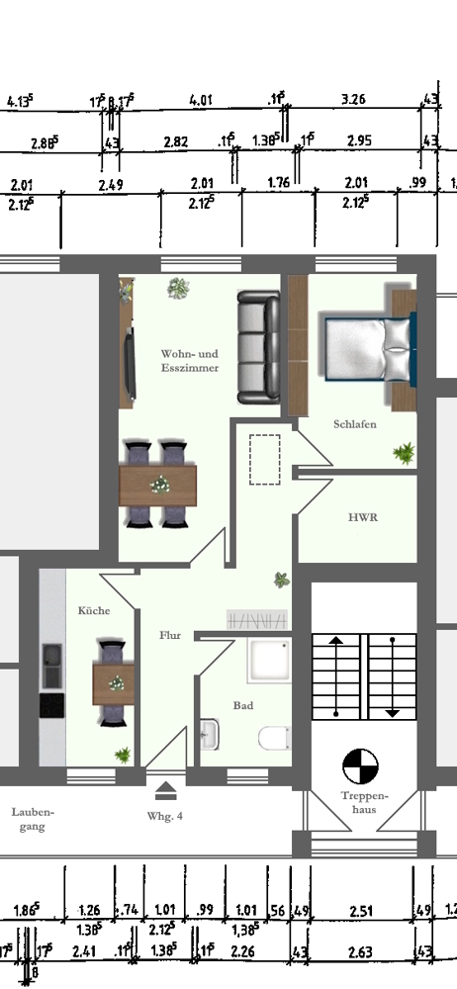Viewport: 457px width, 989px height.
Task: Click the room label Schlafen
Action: [x=353, y=424]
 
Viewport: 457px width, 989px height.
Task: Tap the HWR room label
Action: [x=361, y=516]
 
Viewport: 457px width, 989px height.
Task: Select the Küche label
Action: [x=94, y=610]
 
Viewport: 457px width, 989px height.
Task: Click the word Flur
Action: [x=170, y=637]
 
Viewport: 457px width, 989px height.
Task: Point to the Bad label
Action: [x=242, y=706]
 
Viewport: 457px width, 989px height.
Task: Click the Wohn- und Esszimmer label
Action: [x=189, y=360]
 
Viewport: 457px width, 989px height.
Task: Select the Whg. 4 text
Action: [x=165, y=817]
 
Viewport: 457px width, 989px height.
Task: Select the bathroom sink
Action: [x=210, y=734]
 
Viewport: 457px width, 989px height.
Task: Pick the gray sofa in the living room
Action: [x=258, y=347]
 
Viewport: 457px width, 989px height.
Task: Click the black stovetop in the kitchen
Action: [x=51, y=705]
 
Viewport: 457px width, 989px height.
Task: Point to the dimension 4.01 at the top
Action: [x=201, y=100]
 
